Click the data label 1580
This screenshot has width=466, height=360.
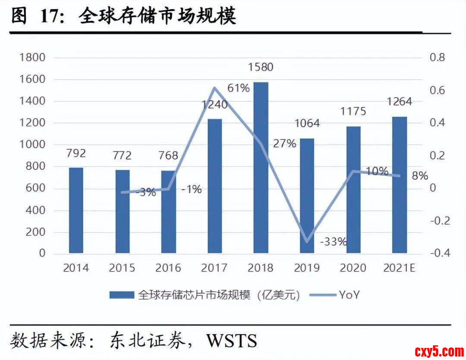(261, 67)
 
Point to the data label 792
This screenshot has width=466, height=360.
(76, 153)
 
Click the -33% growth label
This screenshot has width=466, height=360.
(334, 241)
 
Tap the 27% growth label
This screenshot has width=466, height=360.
(285, 144)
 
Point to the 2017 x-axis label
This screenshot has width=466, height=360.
(214, 268)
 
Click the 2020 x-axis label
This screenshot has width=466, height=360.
(353, 268)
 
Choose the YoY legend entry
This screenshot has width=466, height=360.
(349, 295)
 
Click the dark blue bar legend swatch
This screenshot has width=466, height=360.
(122, 295)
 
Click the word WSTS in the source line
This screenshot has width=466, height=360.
(232, 340)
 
